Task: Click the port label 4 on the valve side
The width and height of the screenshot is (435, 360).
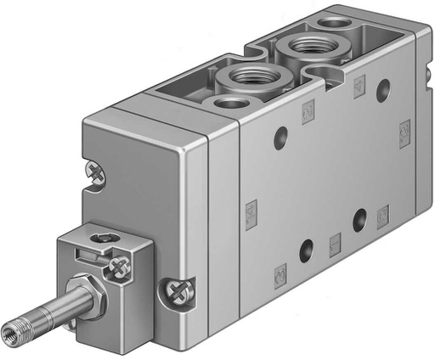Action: [307, 108]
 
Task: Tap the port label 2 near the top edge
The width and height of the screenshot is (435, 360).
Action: [359, 83]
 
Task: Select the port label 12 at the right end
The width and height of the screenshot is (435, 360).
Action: [404, 132]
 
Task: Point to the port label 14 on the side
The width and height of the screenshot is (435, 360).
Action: [251, 210]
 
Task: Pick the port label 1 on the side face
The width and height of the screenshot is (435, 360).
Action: [335, 241]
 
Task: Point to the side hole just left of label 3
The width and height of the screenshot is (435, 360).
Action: [359, 219]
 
